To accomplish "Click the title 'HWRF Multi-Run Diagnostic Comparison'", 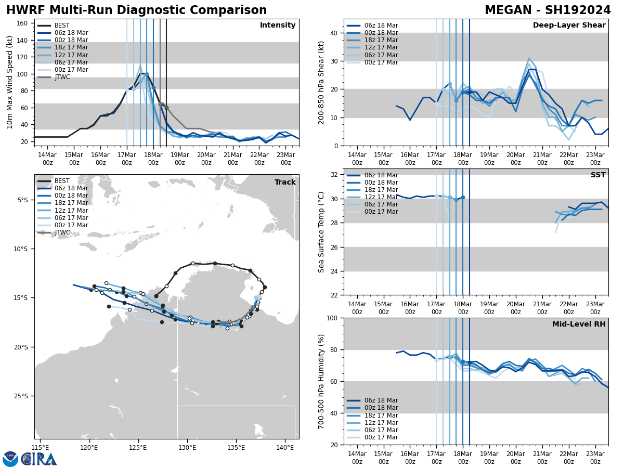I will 136,10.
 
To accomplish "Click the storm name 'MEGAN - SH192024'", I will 548,10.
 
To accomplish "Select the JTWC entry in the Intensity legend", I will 62,77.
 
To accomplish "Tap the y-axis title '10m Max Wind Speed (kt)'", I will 10,82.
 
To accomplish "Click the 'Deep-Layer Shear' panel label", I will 569,25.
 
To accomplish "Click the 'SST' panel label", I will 598,175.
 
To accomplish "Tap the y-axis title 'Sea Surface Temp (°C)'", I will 321,232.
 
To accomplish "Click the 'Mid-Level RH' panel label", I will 579,324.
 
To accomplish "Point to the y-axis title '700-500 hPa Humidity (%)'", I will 321,381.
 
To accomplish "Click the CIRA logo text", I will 39,459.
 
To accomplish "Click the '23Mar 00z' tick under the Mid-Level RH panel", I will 595,458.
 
